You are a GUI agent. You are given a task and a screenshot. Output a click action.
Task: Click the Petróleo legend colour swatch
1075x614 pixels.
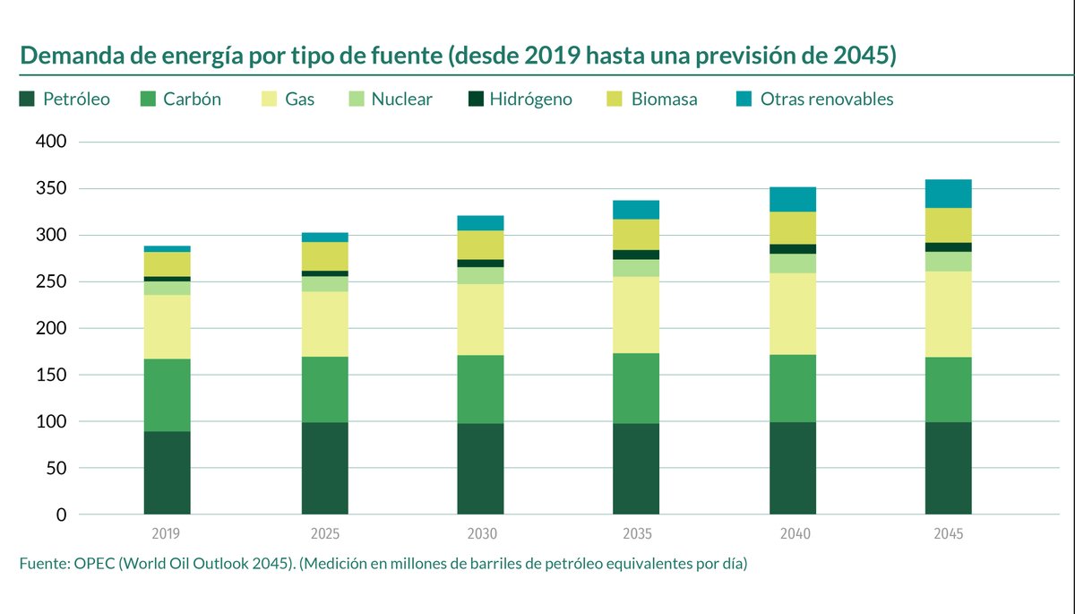[27, 99]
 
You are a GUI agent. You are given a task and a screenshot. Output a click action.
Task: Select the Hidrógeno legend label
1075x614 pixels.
[530, 99]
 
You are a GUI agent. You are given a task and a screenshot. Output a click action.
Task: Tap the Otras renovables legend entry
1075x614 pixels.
[826, 99]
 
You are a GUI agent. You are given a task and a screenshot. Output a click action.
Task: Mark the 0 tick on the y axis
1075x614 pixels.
[59, 515]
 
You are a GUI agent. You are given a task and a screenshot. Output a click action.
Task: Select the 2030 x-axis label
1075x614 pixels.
[481, 534]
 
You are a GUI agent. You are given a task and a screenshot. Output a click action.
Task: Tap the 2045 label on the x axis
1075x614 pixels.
[948, 534]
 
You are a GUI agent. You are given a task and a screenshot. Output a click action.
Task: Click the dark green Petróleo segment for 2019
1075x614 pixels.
[167, 472]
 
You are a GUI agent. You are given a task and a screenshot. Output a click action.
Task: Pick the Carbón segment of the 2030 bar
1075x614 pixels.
[480, 389]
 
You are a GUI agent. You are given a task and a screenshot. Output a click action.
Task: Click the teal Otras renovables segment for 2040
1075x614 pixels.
[793, 199]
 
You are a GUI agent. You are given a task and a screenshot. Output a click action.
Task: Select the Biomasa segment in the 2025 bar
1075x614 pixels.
[324, 256]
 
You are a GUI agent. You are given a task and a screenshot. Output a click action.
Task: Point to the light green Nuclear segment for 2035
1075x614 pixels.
[636, 268]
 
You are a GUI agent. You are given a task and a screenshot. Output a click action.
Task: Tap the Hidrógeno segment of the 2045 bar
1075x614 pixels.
[948, 247]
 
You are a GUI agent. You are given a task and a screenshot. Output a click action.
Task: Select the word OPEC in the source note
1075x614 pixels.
[90, 564]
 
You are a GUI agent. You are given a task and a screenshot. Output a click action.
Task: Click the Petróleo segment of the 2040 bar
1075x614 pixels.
[793, 468]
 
